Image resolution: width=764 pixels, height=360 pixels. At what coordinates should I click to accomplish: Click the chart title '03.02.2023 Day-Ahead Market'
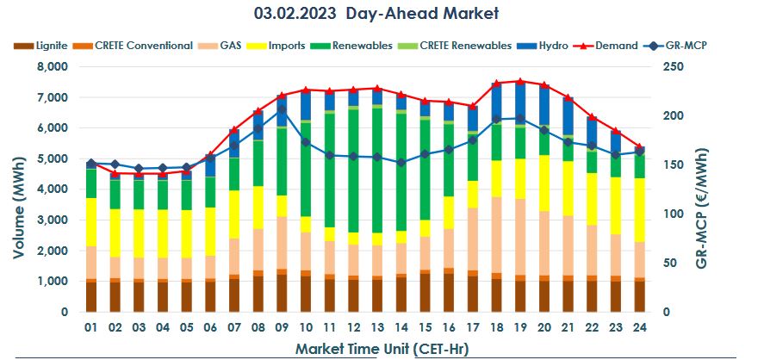[376, 14]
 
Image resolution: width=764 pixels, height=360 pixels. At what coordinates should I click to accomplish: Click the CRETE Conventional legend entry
[143, 46]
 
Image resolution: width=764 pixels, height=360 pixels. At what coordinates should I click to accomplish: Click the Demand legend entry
[615, 46]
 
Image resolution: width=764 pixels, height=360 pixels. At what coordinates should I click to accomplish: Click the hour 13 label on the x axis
[376, 327]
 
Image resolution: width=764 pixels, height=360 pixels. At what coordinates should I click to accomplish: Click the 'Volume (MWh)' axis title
[18, 189]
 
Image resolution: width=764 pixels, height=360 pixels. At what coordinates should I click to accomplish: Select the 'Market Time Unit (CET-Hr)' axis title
[377, 348]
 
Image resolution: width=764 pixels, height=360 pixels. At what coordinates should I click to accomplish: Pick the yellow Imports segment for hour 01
[91, 222]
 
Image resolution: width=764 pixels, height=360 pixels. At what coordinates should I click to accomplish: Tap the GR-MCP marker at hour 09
[282, 110]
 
